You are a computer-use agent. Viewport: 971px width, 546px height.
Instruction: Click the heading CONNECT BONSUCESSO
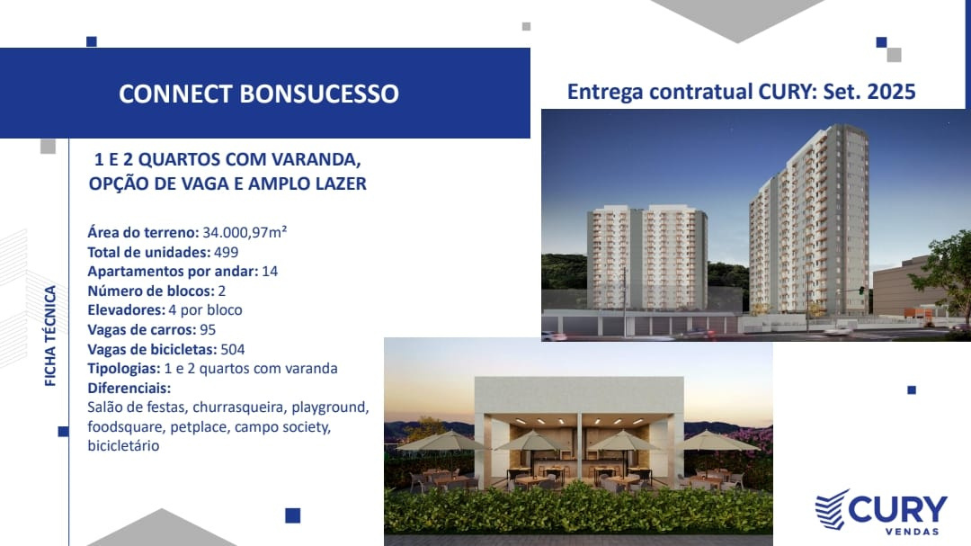(x=259, y=94)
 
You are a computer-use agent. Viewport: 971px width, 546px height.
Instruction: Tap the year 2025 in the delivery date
(x=891, y=92)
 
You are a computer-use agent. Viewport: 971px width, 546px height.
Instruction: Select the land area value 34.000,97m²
(x=245, y=232)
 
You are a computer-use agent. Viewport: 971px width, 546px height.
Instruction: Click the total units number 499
(x=226, y=252)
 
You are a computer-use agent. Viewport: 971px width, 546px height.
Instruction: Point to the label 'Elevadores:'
(x=127, y=309)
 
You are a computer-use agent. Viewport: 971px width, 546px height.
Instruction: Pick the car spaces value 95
(x=208, y=330)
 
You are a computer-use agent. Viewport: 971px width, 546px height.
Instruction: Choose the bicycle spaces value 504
(x=233, y=350)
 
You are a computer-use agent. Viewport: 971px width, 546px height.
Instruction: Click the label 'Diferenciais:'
(x=129, y=388)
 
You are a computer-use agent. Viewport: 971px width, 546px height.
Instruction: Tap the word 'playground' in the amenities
(x=329, y=407)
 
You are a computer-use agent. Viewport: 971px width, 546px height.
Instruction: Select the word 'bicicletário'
(x=123, y=445)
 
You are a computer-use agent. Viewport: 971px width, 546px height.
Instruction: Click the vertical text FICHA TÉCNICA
(x=50, y=336)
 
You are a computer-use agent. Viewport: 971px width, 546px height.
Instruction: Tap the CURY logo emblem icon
(x=832, y=509)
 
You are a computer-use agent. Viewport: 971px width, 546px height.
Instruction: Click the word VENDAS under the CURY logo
(x=912, y=531)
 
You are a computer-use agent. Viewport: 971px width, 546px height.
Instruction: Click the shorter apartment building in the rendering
(x=647, y=258)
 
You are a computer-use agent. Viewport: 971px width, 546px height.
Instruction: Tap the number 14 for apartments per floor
(x=270, y=272)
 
